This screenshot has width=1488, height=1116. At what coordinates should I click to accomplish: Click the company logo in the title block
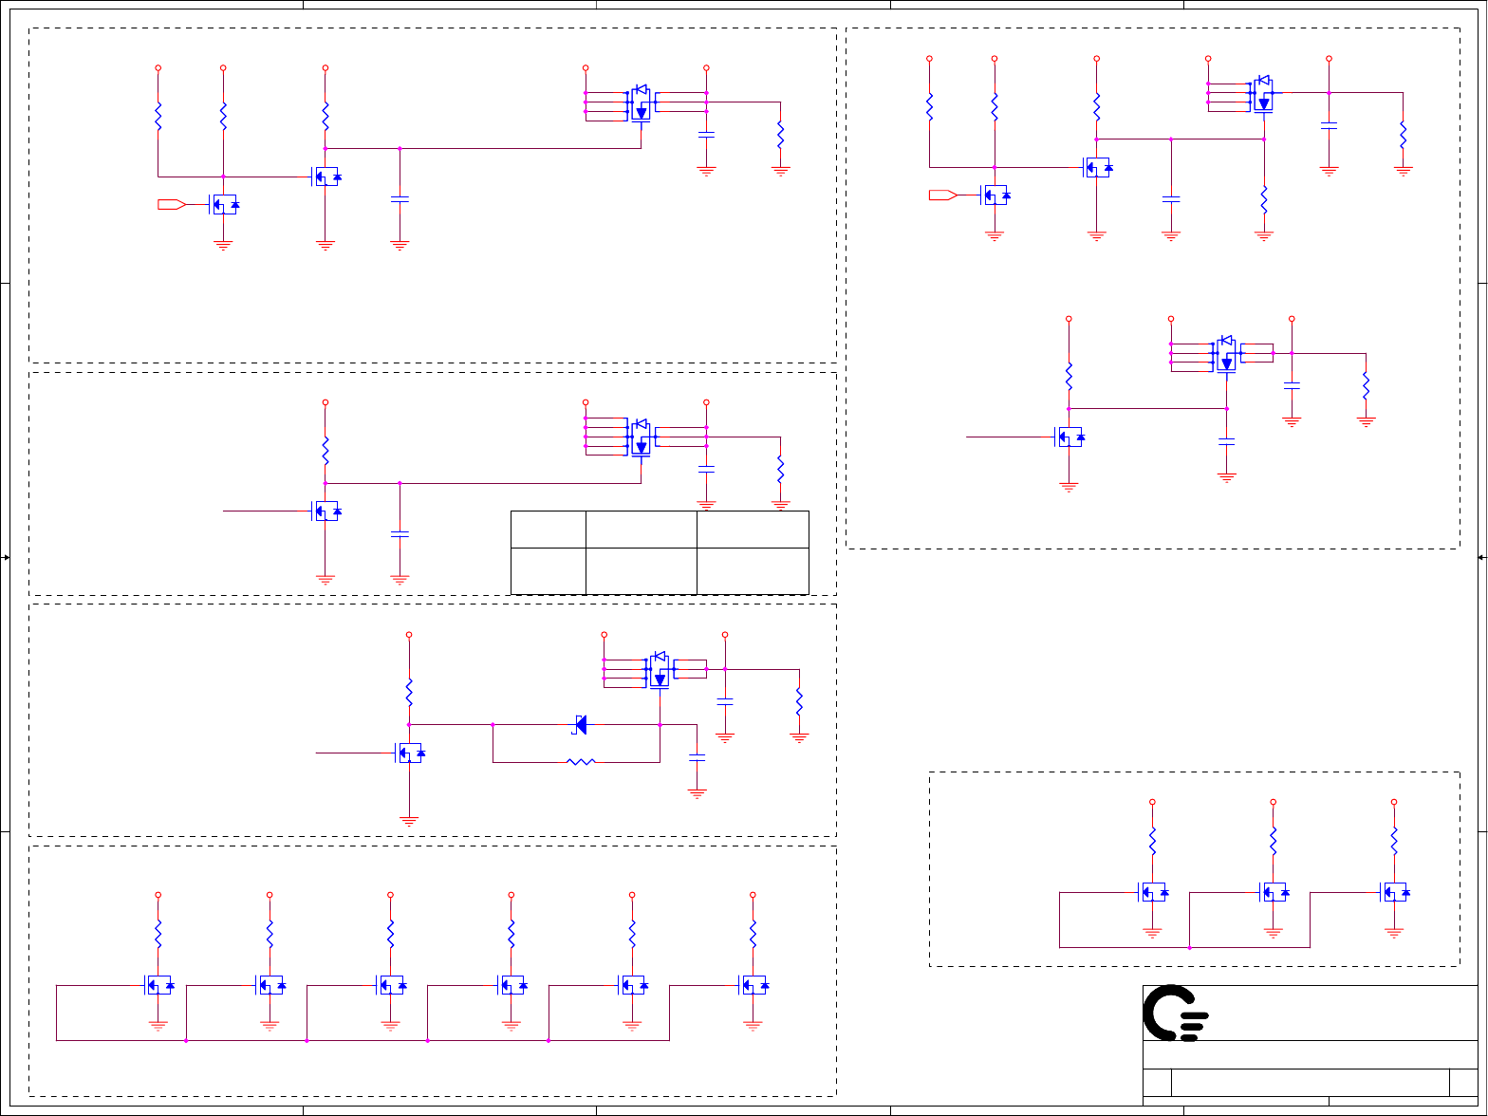[x=1175, y=1013]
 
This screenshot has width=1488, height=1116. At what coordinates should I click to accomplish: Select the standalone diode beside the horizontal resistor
[x=580, y=724]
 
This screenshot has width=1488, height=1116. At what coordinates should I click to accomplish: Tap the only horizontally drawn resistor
[x=580, y=761]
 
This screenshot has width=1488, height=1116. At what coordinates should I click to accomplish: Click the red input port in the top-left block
[x=171, y=204]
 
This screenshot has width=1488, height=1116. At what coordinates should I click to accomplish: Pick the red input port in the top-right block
[x=942, y=195]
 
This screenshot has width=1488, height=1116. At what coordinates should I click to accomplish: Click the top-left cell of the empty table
[x=548, y=529]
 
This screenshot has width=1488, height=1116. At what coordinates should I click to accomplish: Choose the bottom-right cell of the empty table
[x=753, y=570]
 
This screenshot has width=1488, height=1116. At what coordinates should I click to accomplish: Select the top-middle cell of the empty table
[x=641, y=529]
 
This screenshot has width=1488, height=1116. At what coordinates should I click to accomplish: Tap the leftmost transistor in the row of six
[x=158, y=985]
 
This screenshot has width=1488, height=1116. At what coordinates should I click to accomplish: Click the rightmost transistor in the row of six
[x=753, y=985]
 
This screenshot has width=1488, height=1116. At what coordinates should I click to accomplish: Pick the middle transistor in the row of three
[x=1274, y=892]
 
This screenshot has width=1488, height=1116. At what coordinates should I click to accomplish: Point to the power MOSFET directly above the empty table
[x=641, y=437]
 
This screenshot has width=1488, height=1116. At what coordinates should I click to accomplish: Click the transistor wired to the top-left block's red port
[x=224, y=204]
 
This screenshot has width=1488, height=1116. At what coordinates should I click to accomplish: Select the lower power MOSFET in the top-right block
[x=1226, y=354]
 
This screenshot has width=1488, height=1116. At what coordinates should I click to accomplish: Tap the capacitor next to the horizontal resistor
[x=697, y=757]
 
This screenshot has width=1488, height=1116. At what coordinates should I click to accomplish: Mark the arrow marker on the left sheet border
[x=6, y=558]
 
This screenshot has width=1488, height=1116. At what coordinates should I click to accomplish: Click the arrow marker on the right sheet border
[x=1481, y=558]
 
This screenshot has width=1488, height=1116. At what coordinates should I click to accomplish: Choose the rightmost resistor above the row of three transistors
[x=1394, y=840]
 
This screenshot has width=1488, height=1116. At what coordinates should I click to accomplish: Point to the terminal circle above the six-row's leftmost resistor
[x=158, y=895]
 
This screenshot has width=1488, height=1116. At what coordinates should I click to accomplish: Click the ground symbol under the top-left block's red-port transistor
[x=224, y=245]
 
